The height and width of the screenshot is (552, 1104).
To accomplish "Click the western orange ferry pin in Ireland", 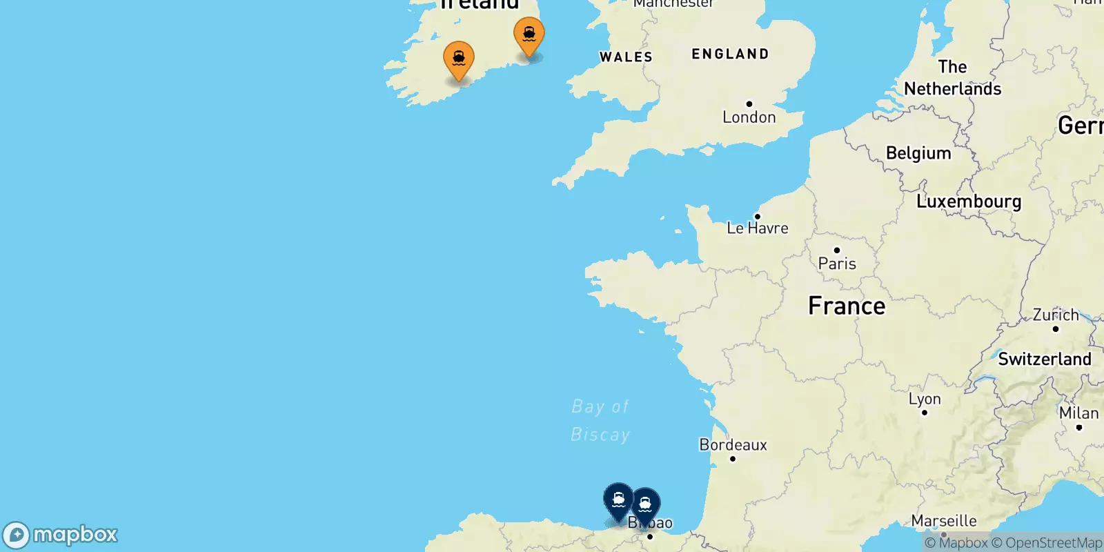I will (x=459, y=59).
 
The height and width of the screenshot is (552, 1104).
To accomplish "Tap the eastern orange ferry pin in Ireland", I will (x=529, y=35).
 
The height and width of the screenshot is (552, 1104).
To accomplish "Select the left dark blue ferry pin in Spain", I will (x=618, y=500).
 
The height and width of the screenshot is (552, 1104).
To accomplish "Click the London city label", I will (x=749, y=117).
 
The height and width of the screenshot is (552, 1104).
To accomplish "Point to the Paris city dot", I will (x=837, y=250).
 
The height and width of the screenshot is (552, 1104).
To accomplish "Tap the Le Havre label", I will (x=757, y=228).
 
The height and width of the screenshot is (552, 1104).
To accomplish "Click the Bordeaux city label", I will (x=733, y=445).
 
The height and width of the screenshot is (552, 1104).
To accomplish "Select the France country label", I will (x=847, y=306).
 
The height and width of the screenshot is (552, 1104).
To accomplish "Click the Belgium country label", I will (x=918, y=153).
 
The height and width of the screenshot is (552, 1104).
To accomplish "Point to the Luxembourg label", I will (x=969, y=201).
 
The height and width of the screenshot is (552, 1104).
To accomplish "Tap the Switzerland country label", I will (x=1045, y=359).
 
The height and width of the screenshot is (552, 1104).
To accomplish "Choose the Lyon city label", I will (x=925, y=399).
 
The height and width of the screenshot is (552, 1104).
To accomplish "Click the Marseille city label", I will (x=944, y=521).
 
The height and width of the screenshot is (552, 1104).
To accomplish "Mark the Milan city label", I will (x=1078, y=413).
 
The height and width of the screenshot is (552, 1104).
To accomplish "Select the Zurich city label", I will (x=1056, y=315).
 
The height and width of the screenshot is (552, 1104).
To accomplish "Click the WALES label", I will (x=626, y=57).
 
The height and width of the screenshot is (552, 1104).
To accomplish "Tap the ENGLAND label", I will (x=730, y=54).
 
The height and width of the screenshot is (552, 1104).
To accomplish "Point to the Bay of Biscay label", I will (x=600, y=420).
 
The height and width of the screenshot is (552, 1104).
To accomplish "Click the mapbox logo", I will (x=61, y=535).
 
